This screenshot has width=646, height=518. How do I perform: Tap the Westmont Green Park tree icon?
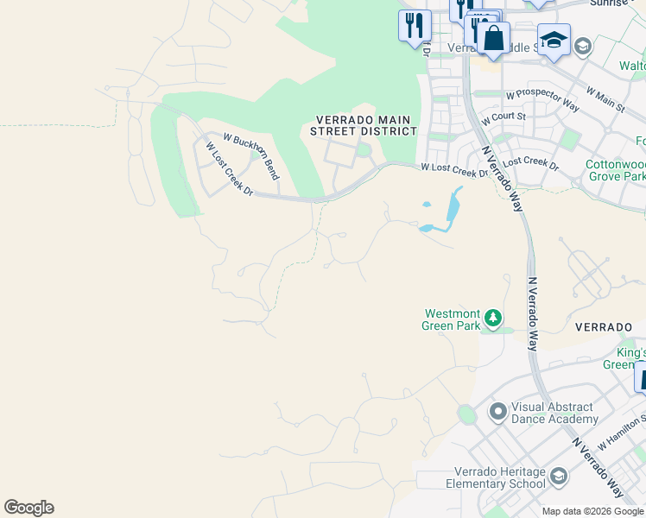pos(493,319)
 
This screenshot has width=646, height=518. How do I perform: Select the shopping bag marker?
pos(493,38)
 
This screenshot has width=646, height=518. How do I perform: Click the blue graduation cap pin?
pos(553,40)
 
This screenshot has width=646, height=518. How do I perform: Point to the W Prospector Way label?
pos(542,99)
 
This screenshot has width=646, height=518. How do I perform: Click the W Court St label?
pos(503,116)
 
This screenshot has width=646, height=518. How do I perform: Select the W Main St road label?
pos(605,98)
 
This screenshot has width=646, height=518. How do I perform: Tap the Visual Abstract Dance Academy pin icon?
pos(497,412)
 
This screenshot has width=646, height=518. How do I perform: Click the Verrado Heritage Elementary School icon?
pos(559,477)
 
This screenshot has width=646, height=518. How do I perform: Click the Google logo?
pos(28,508)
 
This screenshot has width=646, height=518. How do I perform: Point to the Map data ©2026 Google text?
pos(592,511)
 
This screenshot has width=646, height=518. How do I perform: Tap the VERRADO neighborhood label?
pos(604,328)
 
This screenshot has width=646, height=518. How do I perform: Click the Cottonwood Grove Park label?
pos(614,170)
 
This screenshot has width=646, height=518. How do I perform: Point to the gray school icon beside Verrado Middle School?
pos(583,47)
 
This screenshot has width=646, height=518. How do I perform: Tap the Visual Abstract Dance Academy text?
pos(554,413)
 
